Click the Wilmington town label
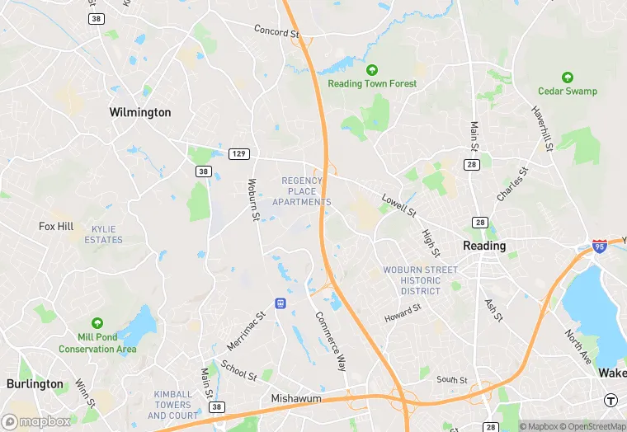(x=140, y=112)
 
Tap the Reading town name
(x=484, y=246)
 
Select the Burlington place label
(x=35, y=384)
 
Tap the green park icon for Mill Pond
(x=97, y=323)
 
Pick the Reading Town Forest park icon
(x=372, y=71)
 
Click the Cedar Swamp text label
(x=568, y=91)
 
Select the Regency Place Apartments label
(x=306, y=191)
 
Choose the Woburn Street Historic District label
(x=420, y=280)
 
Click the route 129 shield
(x=239, y=154)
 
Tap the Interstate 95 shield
(x=600, y=246)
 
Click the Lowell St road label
(x=398, y=205)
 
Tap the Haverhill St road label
(x=542, y=129)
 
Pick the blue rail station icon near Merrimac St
(x=280, y=303)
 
